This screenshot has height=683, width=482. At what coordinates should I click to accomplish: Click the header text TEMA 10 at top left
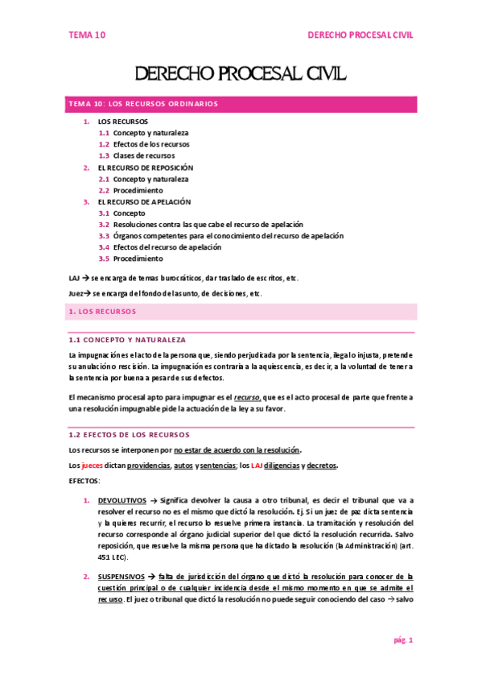[x=87, y=35]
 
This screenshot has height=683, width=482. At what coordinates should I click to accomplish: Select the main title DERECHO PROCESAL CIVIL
[x=241, y=75]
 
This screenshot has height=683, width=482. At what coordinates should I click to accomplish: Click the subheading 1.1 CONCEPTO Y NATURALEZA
[x=128, y=341]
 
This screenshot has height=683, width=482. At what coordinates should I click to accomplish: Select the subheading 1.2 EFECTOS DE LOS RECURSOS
[x=130, y=435]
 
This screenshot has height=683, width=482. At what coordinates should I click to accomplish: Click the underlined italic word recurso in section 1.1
[x=247, y=397]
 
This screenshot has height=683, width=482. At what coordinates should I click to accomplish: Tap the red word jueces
[x=93, y=466]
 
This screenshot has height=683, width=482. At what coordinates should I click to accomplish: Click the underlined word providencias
[x=146, y=466]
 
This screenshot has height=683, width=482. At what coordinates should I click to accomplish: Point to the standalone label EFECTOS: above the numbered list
[x=84, y=481]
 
